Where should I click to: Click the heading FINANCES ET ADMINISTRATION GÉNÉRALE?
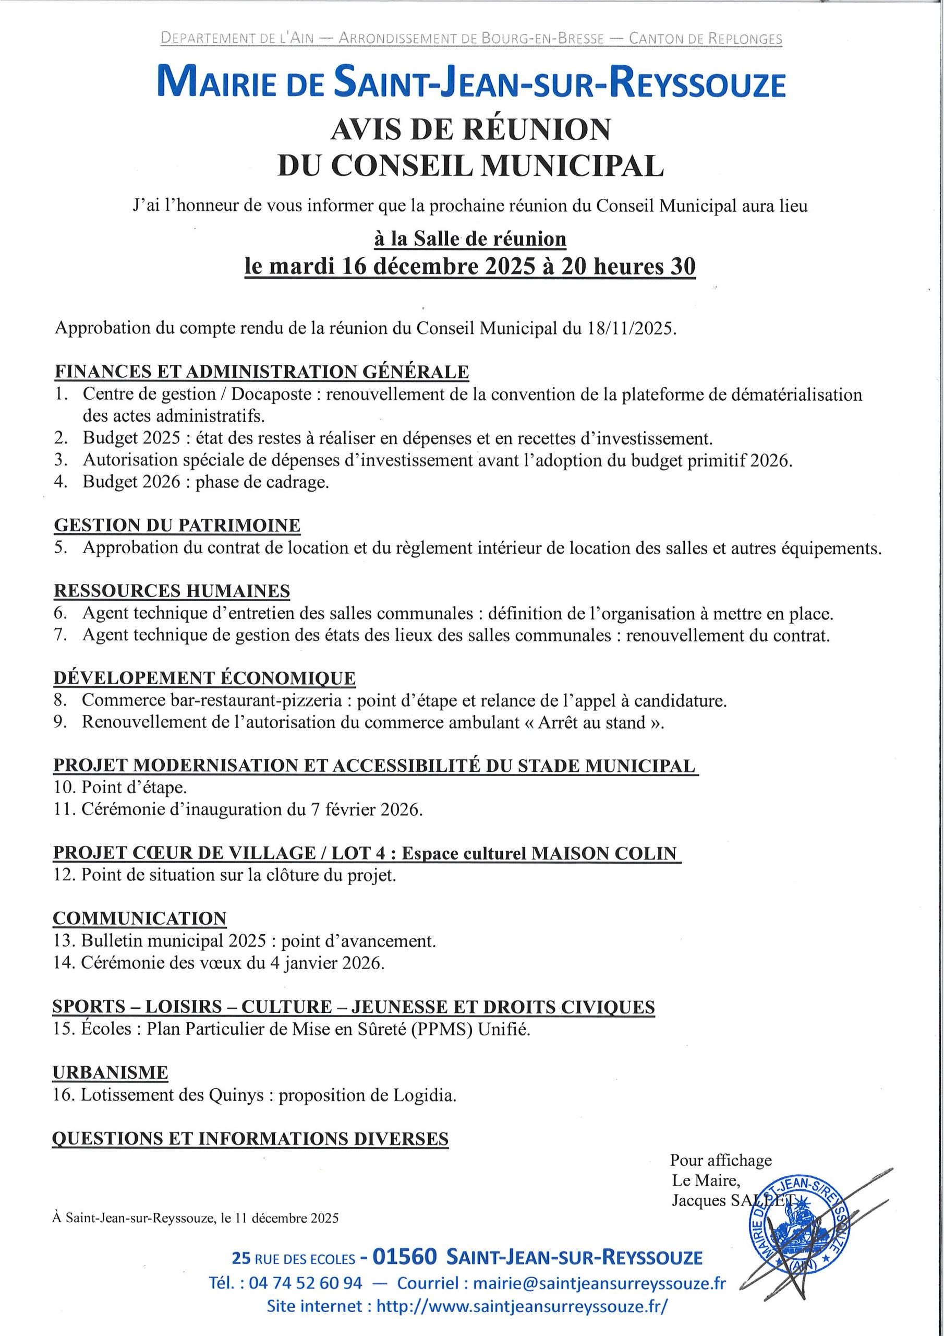point(261,372)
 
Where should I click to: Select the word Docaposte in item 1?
point(271,395)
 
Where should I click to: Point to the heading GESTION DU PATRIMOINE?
point(177,526)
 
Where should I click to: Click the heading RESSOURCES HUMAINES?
point(172,591)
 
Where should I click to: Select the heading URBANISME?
point(110,1072)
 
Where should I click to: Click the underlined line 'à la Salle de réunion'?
point(470,238)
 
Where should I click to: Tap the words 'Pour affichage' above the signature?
point(721,1160)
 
